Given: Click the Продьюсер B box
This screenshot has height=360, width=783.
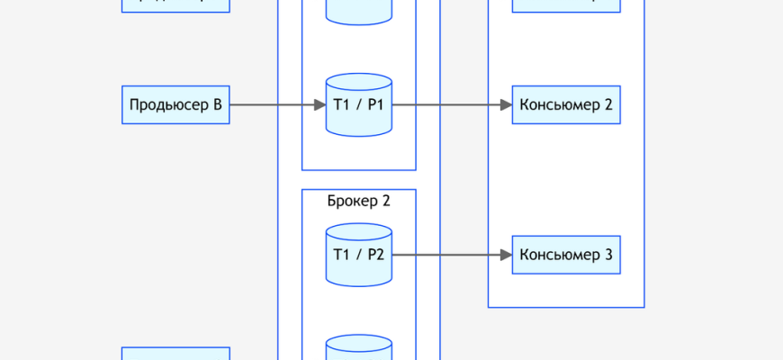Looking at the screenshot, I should point(175,105).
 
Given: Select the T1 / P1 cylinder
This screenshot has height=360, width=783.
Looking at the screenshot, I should point(358,105).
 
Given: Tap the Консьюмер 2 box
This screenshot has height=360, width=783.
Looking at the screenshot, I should point(566,105).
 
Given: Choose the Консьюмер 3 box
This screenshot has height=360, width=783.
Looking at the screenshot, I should point(566,256).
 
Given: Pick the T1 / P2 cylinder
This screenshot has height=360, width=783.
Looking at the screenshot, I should point(358,256).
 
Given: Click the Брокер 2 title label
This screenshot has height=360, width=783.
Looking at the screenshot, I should point(358,201).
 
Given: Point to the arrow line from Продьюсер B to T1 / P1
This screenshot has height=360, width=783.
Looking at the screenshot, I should point(270,105).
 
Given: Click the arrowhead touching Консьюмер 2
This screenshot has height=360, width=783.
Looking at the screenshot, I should point(506,105).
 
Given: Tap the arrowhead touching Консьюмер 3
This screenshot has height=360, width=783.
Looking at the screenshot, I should point(506,256).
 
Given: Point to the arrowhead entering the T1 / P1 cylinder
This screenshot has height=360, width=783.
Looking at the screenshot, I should point(319,105).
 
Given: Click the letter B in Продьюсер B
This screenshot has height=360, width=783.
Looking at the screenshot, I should point(217,105).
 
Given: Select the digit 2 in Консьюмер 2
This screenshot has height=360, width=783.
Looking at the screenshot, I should point(608,105).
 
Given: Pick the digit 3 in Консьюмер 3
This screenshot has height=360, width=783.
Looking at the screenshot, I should point(608,256).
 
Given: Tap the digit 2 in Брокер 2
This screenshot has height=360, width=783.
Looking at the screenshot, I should point(386,201).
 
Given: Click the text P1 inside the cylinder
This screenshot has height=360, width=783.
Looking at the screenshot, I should point(375,105).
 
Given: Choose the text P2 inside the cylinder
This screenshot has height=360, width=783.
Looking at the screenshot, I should point(375,256).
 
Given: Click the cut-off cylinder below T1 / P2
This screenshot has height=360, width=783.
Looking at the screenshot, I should point(358,348).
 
